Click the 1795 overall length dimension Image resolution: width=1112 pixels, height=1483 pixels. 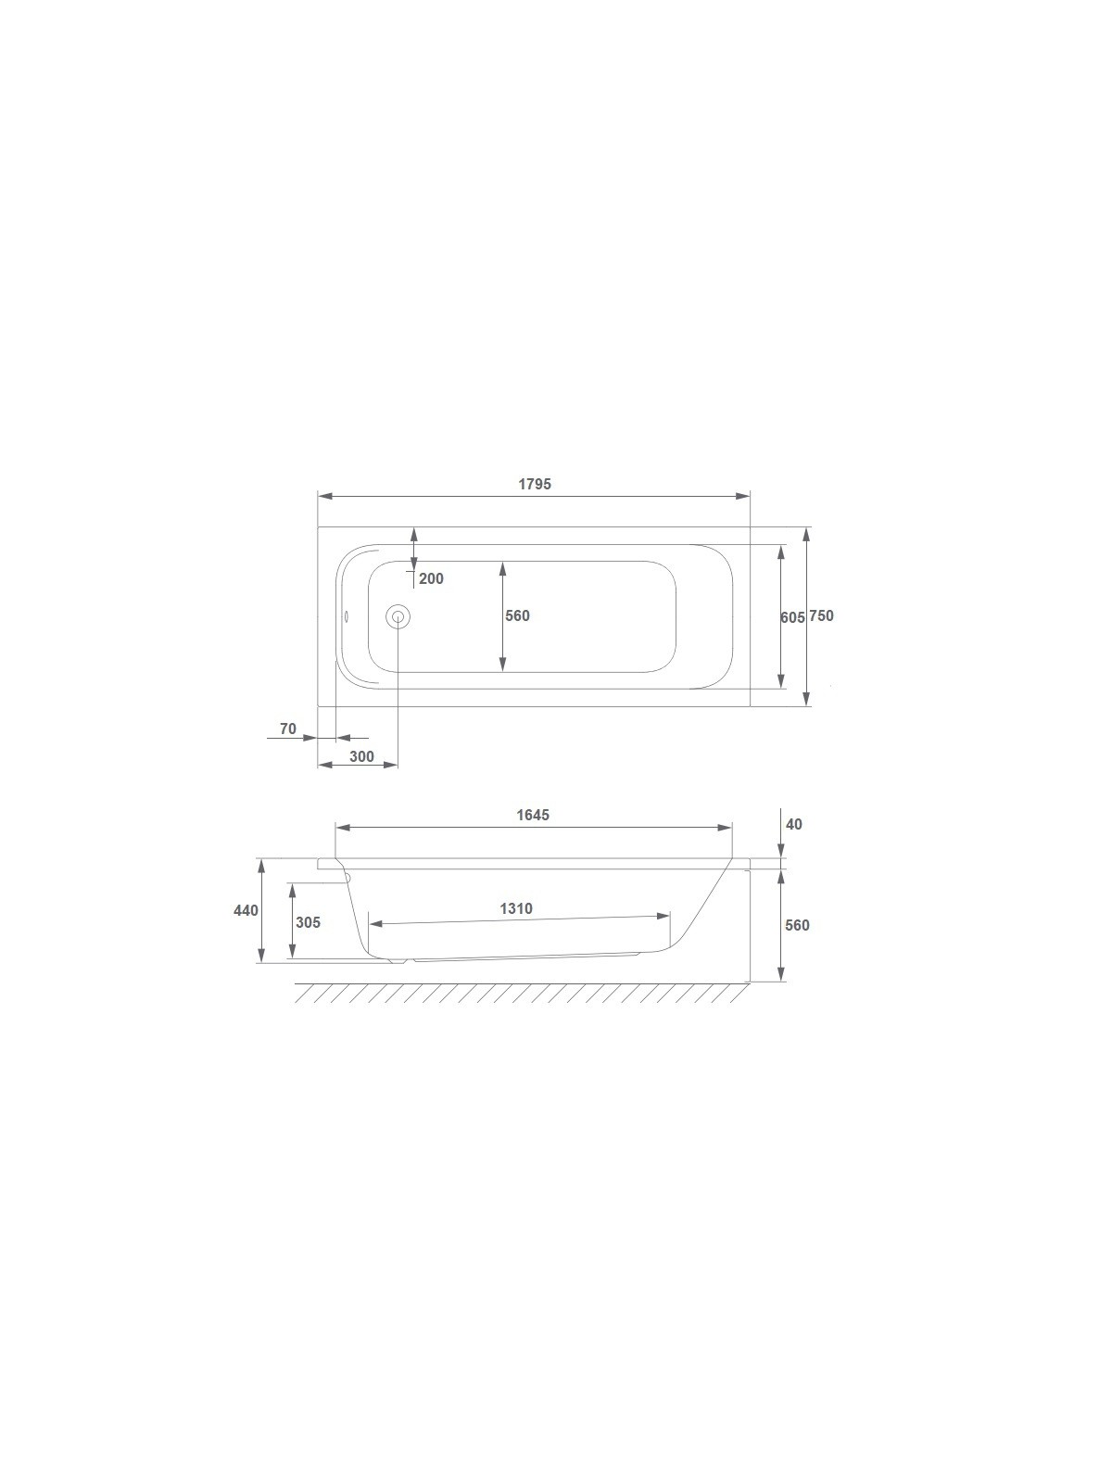[x=534, y=484]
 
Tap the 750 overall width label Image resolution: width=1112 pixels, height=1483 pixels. [x=822, y=615]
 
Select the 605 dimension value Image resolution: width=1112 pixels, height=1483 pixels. [x=792, y=617]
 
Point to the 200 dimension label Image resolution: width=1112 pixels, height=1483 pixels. [x=431, y=578]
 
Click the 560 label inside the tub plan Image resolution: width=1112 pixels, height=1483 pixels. [x=517, y=615]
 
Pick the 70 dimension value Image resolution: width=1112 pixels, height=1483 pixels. [x=287, y=729]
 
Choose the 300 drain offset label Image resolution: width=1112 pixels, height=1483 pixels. [x=361, y=756]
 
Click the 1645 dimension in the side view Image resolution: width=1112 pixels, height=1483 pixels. [x=533, y=815]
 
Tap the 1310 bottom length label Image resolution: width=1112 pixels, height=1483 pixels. [x=516, y=908]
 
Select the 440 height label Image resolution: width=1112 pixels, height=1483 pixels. [x=246, y=911]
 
